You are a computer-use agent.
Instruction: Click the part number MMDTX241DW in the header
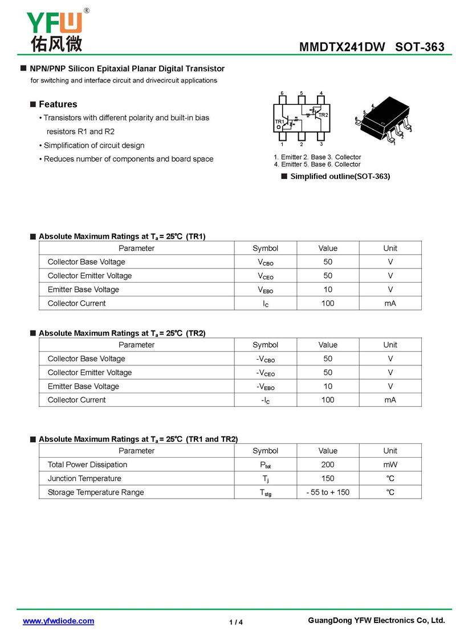342,47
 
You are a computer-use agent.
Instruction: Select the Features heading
58,104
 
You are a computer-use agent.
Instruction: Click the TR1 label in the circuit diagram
279,122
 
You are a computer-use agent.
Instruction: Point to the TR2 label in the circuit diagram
323,115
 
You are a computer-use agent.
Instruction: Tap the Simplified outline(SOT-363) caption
340,176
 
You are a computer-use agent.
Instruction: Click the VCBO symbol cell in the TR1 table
265,262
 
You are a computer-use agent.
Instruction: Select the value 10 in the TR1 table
328,290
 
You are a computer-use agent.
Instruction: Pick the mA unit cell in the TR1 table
390,303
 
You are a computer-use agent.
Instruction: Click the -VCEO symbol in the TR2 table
265,373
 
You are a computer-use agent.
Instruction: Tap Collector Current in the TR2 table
76,400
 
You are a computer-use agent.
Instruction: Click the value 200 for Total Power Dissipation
328,464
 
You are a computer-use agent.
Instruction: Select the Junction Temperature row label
84,478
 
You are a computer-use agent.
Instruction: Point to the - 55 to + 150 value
328,492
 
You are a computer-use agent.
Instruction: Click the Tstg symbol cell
265,492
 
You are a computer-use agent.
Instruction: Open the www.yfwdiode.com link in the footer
58,621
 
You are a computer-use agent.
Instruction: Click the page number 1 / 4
236,622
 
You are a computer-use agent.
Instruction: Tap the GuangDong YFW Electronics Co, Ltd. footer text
376,621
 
